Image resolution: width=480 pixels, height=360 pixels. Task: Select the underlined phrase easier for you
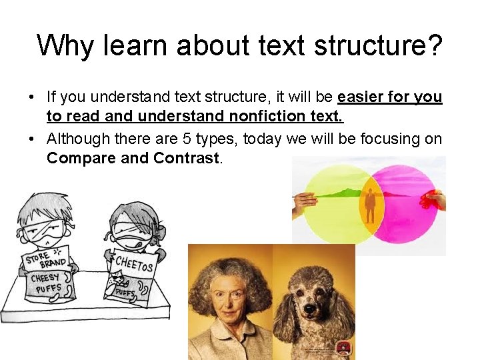[x=389, y=97]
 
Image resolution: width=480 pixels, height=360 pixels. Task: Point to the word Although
[x=76, y=139]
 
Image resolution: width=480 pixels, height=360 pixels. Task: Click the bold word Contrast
[x=186, y=159]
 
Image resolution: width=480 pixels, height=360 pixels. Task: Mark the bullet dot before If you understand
[x=32, y=97]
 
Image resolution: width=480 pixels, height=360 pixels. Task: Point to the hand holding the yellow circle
[x=305, y=201]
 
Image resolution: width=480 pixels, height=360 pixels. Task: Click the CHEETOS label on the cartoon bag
[x=135, y=263]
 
